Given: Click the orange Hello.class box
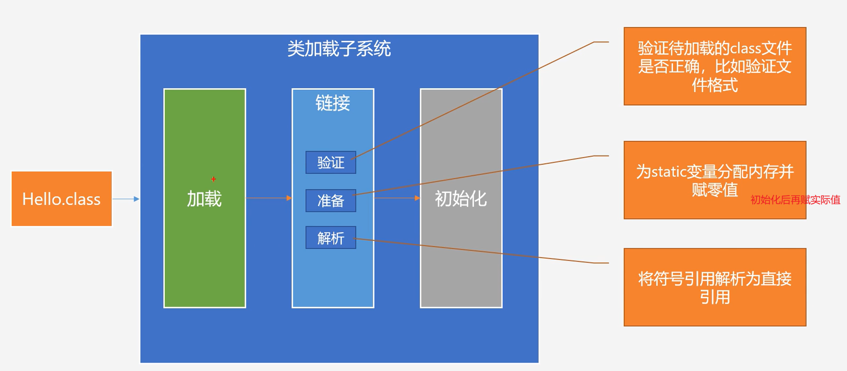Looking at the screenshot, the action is click(62, 199).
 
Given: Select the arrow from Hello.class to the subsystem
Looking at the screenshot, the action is click(126, 199).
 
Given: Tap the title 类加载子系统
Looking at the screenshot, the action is click(339, 49).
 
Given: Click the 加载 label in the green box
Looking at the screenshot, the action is click(204, 199).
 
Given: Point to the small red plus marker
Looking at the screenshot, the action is click(214, 179).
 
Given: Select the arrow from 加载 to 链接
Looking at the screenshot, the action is click(269, 198).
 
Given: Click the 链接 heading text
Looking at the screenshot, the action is click(333, 103).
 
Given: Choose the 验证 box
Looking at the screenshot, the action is click(331, 163).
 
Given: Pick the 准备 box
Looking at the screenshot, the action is click(331, 201).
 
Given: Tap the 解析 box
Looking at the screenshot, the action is click(331, 238).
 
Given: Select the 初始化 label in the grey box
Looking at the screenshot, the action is click(461, 199).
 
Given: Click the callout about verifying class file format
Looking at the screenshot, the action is click(715, 66).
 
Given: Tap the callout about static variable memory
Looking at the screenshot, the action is click(715, 180).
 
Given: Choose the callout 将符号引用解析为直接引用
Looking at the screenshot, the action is click(715, 287).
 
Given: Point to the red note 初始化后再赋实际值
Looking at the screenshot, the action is click(795, 200).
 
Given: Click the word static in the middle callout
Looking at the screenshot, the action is click(668, 172).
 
